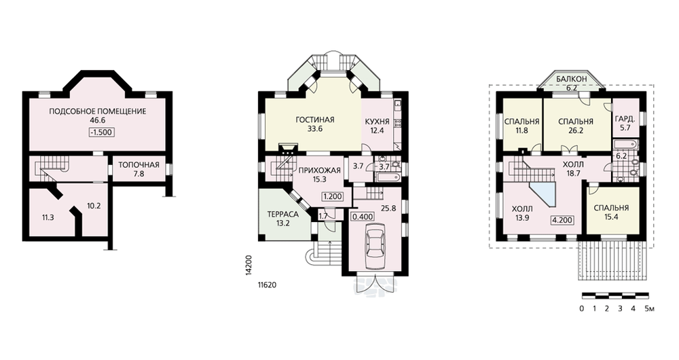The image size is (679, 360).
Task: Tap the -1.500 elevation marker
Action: (x=103, y=132)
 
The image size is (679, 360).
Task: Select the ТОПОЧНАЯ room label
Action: (x=139, y=165)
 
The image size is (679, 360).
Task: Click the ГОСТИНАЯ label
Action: (x=315, y=120)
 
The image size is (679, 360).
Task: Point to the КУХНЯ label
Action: (x=377, y=122)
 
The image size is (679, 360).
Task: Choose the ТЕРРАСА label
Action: (x=282, y=215)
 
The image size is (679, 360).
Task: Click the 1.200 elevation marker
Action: (x=332, y=196)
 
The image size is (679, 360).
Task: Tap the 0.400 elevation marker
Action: (x=363, y=216)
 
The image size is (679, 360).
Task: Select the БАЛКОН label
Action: (x=572, y=79)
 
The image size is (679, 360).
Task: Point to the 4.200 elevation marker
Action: (x=562, y=220)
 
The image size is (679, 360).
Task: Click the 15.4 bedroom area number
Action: (x=611, y=217)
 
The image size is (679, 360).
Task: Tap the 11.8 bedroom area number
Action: (x=521, y=130)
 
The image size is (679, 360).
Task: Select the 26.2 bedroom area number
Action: (x=576, y=130)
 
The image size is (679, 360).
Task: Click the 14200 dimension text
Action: (x=248, y=265)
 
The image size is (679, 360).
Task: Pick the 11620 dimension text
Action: (x=267, y=285)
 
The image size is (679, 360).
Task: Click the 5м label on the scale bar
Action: (x=650, y=309)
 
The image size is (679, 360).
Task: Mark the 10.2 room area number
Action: (x=94, y=206)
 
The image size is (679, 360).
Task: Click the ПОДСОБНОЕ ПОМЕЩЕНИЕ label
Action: (x=97, y=111)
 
